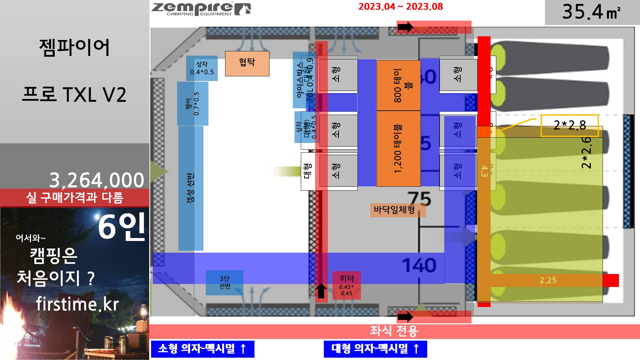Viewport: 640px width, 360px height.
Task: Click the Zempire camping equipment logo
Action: pyautogui.click(x=201, y=9)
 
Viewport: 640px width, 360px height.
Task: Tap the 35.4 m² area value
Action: pyautogui.click(x=591, y=12)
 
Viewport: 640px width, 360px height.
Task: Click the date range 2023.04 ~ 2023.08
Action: pyautogui.click(x=401, y=7)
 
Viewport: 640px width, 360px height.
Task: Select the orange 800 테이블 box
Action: pyautogui.click(x=398, y=85)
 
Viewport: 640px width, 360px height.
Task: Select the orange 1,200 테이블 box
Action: pyautogui.click(x=398, y=149)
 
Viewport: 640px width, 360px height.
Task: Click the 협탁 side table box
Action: pyautogui.click(x=247, y=63)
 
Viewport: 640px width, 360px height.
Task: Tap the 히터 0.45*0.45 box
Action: pyautogui.click(x=347, y=285)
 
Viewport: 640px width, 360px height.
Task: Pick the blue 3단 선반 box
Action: pyautogui.click(x=224, y=282)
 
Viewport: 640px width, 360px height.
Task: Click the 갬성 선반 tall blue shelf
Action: pyautogui.click(x=190, y=188)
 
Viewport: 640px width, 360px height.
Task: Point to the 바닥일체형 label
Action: pyautogui.click(x=394, y=210)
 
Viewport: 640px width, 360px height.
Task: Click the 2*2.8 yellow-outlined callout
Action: pyautogui.click(x=570, y=125)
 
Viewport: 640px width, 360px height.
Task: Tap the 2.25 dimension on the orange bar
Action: pyautogui.click(x=548, y=280)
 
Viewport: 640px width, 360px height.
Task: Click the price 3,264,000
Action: pyautogui.click(x=97, y=180)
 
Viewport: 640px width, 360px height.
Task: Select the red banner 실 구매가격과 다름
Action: pyautogui.click(x=75, y=198)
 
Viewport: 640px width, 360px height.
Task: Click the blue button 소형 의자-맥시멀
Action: pyautogui.click(x=202, y=349)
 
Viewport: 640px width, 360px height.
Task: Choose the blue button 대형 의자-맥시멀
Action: pyautogui.click(x=375, y=349)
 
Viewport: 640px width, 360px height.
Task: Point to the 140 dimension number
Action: pyautogui.click(x=419, y=265)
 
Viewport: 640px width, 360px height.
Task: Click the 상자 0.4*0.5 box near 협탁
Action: pyautogui.click(x=202, y=68)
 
